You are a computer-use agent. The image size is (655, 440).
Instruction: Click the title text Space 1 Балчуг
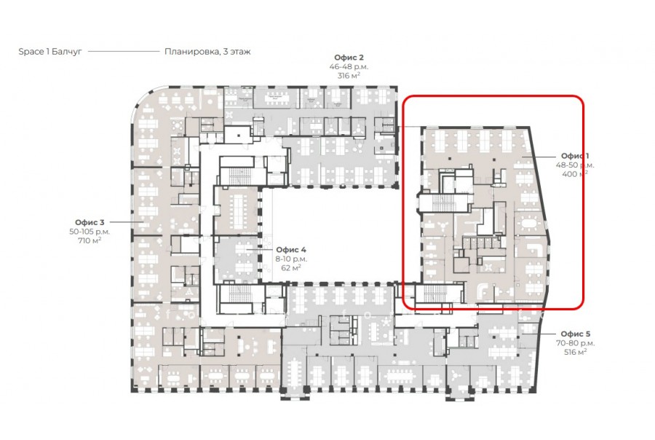tap(50, 52)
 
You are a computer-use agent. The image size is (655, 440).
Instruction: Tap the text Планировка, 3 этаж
tap(207, 52)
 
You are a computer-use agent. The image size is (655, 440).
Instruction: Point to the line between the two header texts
tap(124, 52)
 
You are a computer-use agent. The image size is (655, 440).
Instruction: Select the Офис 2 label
tap(349, 58)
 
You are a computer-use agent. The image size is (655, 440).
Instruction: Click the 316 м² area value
tap(349, 76)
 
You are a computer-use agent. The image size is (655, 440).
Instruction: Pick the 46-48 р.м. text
tap(349, 66)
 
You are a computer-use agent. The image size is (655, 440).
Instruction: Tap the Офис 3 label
tap(90, 222)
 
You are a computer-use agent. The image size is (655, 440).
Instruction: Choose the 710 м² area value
tap(90, 240)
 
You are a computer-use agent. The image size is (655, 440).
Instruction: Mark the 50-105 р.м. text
tap(90, 232)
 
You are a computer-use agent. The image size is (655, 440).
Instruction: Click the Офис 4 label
tap(291, 250)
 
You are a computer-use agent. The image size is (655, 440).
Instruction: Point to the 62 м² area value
tap(291, 267)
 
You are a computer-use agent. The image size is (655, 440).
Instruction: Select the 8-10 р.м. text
tap(291, 259)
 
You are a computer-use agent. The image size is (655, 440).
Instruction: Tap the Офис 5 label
tap(576, 334)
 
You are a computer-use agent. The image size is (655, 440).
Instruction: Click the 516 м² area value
tap(576, 352)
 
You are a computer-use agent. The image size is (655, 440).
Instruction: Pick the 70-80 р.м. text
tap(576, 343)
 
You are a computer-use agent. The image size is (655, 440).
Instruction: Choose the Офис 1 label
tap(575, 156)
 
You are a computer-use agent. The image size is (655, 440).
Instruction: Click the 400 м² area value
tap(575, 174)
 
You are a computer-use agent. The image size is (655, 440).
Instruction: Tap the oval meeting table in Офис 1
tap(529, 224)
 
